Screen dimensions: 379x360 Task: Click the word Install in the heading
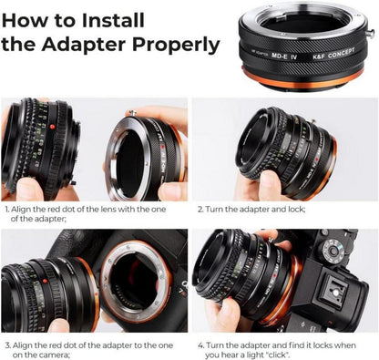click(x=113, y=20)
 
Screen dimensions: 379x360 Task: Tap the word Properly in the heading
click(x=176, y=46)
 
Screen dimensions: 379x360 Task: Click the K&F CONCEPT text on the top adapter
click(x=333, y=54)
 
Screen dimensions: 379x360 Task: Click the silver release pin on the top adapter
click(x=370, y=33)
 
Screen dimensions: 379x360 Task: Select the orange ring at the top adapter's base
click(x=302, y=79)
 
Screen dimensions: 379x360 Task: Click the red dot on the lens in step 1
click(x=52, y=127)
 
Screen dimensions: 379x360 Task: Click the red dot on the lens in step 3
click(x=45, y=281)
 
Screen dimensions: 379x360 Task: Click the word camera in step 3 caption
click(x=56, y=355)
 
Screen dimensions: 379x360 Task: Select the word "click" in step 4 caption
click(x=280, y=355)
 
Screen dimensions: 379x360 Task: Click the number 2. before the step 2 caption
click(x=200, y=210)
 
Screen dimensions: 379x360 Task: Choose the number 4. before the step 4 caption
click(x=201, y=345)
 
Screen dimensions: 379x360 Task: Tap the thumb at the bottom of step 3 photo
click(x=58, y=325)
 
